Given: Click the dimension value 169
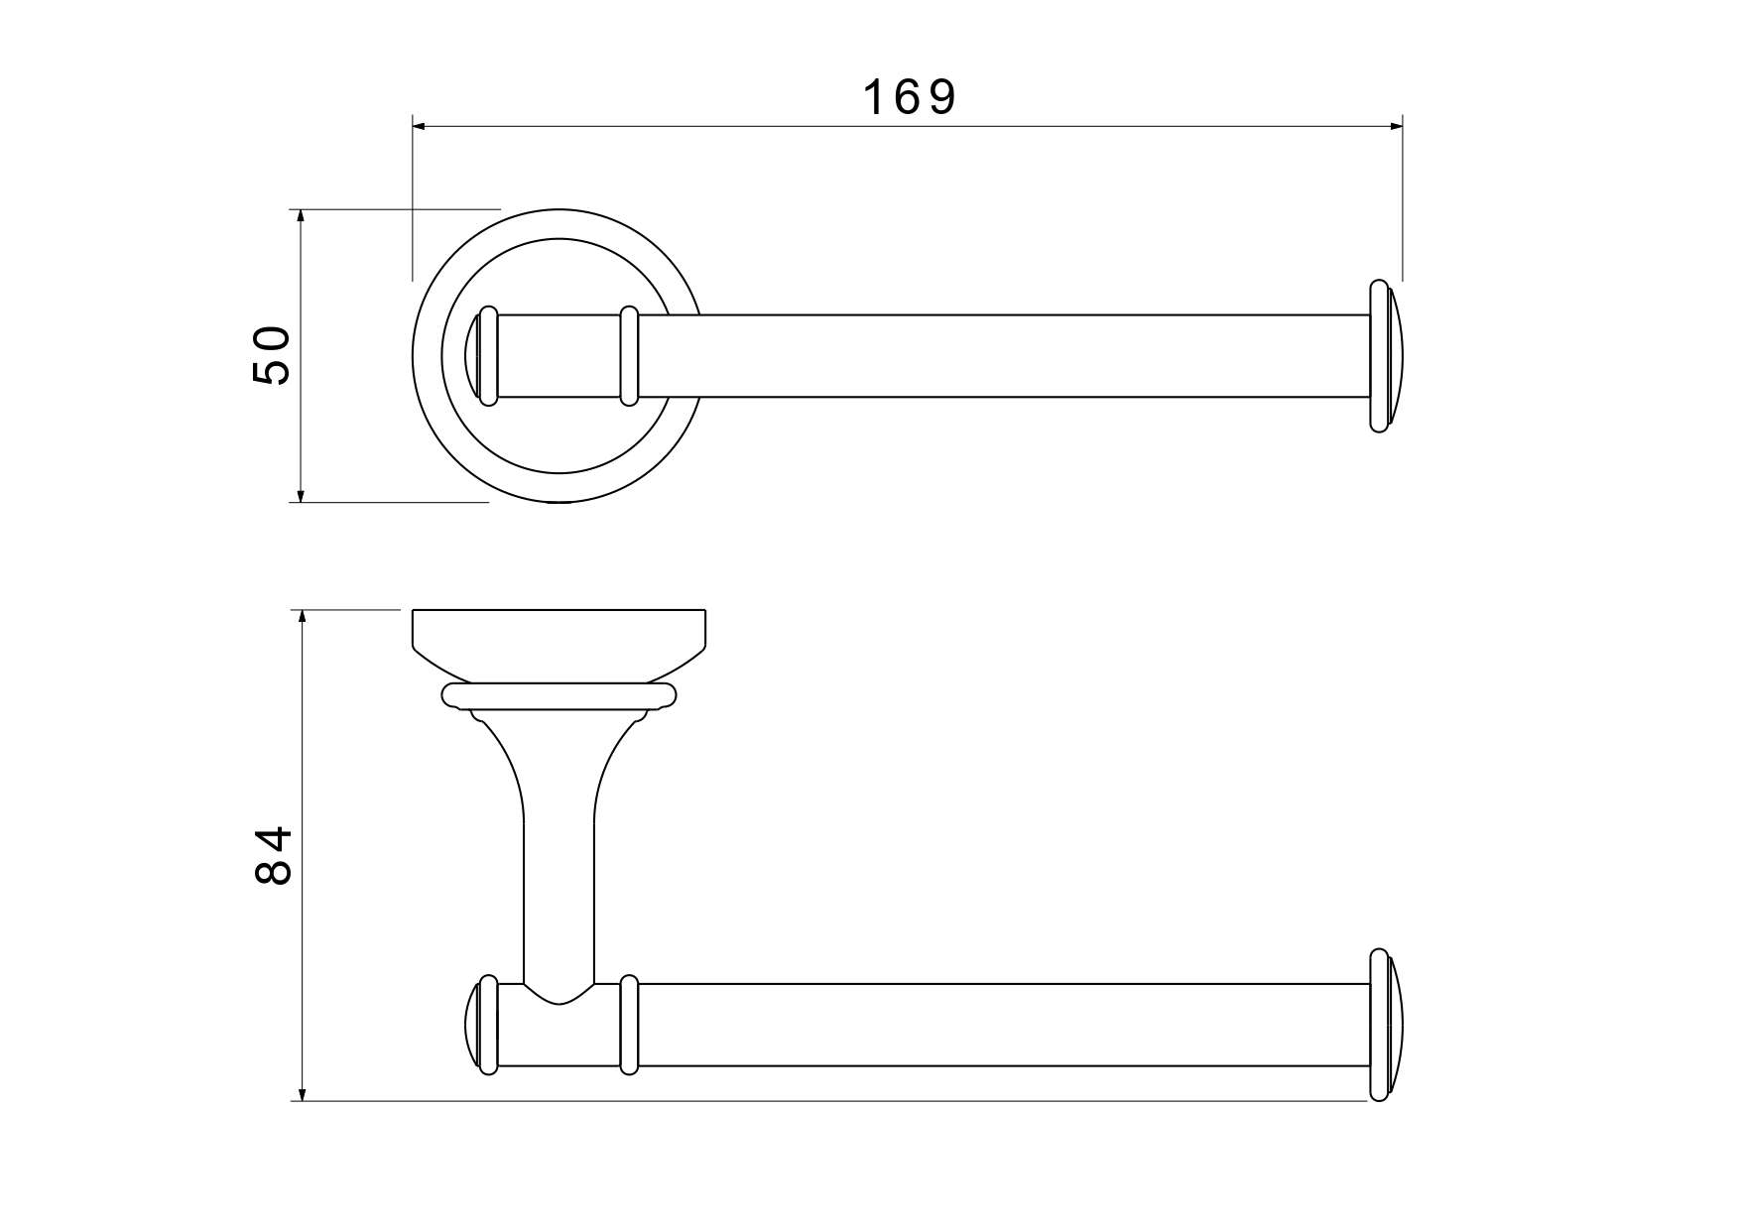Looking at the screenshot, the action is (x=909, y=97).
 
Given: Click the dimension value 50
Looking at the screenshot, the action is (x=271, y=355).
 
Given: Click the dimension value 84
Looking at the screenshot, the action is (x=273, y=855).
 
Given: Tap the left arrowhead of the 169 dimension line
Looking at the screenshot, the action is (x=419, y=126).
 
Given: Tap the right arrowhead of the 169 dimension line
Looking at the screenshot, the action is (x=1396, y=126).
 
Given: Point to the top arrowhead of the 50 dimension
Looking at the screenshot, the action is (x=300, y=216).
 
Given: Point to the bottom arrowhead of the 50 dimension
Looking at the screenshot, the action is (x=300, y=495).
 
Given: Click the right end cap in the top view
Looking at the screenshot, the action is (x=1385, y=356).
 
